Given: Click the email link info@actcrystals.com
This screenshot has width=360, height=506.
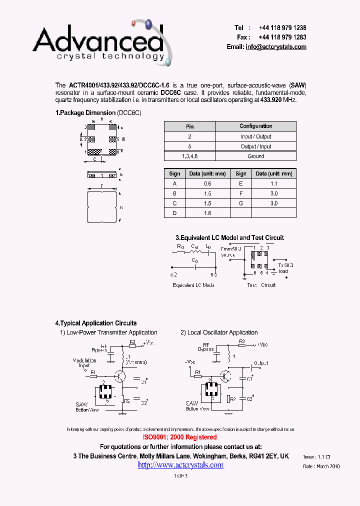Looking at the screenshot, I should (275, 46).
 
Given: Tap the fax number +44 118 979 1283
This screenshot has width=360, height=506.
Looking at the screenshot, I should (282, 37).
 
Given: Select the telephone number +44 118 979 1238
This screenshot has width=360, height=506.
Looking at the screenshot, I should (282, 28).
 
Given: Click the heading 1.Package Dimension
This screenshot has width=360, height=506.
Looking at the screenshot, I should (85, 113).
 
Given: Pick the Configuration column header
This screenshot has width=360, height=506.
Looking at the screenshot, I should (255, 126).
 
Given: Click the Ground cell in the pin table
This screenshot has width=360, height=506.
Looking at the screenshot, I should (255, 156).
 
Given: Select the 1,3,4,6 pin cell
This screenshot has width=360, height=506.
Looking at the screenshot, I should (190, 156).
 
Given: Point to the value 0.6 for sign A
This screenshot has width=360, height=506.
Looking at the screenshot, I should (207, 183).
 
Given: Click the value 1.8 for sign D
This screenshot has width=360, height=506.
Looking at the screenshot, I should (207, 213).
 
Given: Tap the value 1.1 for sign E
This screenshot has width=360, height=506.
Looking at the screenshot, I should (274, 183).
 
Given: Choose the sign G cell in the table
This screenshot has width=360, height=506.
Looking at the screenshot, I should (241, 203).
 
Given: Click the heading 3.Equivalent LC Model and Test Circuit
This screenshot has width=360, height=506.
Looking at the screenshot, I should (229, 237).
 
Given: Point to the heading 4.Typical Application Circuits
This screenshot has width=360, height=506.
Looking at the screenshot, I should (96, 323).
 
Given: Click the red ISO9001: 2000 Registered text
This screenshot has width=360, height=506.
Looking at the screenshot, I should (179, 437).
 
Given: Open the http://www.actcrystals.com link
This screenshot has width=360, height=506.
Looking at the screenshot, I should (180, 465).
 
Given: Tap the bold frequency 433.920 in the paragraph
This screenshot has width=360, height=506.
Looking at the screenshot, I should (272, 100).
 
